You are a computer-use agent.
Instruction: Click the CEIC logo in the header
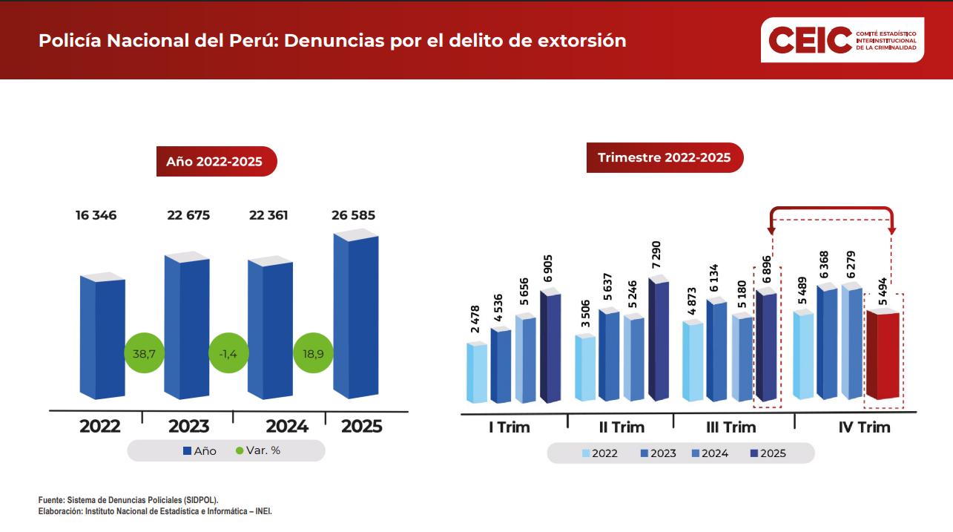pyautogui.click(x=842, y=40)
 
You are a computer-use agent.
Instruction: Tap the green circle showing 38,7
pyautogui.click(x=144, y=354)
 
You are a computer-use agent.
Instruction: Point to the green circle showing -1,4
pyautogui.click(x=228, y=354)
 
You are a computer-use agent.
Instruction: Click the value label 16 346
pyautogui.click(x=96, y=216)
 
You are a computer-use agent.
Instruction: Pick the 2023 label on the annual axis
pyautogui.click(x=188, y=427)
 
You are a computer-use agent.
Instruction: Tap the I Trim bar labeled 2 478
pyautogui.click(x=476, y=373)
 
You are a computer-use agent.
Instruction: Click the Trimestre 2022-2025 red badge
pyautogui.click(x=664, y=158)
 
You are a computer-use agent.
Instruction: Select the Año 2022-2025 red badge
pyautogui.click(x=215, y=161)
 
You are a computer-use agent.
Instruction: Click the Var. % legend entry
pyautogui.click(x=258, y=450)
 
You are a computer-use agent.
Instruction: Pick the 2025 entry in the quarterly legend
pyautogui.click(x=768, y=453)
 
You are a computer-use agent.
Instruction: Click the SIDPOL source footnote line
pyautogui.click(x=128, y=500)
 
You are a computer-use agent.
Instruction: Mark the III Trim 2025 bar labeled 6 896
pyautogui.click(x=766, y=347)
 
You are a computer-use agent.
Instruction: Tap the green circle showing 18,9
pyautogui.click(x=313, y=354)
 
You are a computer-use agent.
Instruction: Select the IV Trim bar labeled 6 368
pyautogui.click(x=826, y=342)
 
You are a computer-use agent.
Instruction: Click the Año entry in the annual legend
pyautogui.click(x=199, y=450)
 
